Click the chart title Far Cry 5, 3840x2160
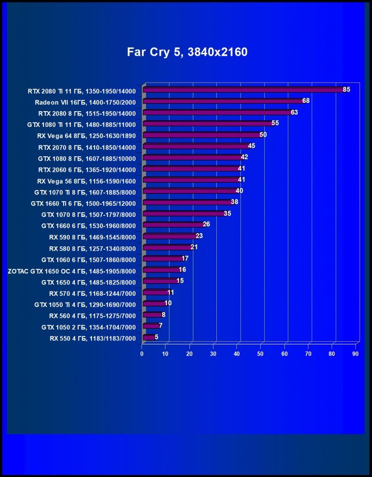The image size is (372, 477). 187,52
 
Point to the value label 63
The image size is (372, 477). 294,112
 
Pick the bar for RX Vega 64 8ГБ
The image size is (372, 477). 201,135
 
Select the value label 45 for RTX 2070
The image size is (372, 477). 252,146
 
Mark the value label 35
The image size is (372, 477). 227,214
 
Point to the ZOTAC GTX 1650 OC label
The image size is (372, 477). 72,270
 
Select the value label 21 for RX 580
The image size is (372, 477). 194,247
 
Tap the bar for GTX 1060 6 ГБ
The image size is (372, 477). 162,259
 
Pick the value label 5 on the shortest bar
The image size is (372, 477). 156,337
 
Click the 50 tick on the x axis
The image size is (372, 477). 261,353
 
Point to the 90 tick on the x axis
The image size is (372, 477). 356,353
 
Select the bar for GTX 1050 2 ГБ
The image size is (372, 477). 150,326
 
